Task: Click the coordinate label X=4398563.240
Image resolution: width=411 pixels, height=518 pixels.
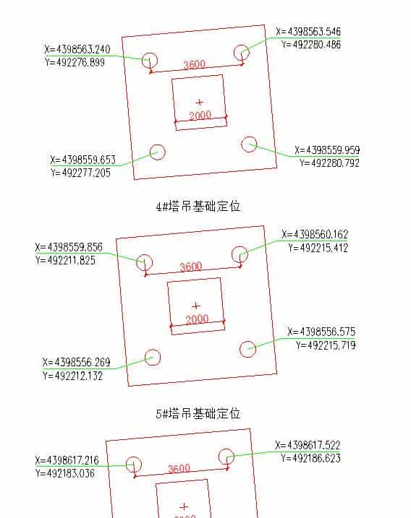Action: [x=77, y=50]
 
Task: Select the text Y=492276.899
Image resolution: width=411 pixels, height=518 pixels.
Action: [x=75, y=63]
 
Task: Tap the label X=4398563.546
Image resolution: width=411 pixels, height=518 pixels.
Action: [x=308, y=32]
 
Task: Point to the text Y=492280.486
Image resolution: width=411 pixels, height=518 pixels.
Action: [x=311, y=45]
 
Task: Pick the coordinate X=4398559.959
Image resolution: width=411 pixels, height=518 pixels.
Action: [x=327, y=150]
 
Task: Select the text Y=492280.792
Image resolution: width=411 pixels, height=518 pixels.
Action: [x=329, y=163]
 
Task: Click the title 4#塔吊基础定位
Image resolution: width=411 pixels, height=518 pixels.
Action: [x=198, y=206]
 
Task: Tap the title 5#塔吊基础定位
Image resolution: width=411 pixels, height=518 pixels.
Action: [x=198, y=413]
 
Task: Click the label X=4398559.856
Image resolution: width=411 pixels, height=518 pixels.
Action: [x=69, y=247]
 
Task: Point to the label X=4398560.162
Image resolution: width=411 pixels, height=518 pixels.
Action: [x=315, y=235]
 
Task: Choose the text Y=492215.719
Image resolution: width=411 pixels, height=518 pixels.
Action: [x=325, y=345]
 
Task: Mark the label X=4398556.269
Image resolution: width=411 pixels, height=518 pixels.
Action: [x=76, y=362]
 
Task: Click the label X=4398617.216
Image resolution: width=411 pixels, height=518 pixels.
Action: [x=67, y=460]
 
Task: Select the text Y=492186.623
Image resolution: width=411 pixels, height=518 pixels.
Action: [x=310, y=458]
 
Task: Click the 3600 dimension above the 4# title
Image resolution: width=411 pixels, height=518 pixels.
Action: [x=194, y=65]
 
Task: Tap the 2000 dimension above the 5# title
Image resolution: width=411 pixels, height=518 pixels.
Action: [x=198, y=319]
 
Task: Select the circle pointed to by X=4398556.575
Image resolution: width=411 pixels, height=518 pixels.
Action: [x=248, y=348]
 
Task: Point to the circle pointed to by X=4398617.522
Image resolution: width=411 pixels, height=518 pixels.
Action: [x=226, y=457]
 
